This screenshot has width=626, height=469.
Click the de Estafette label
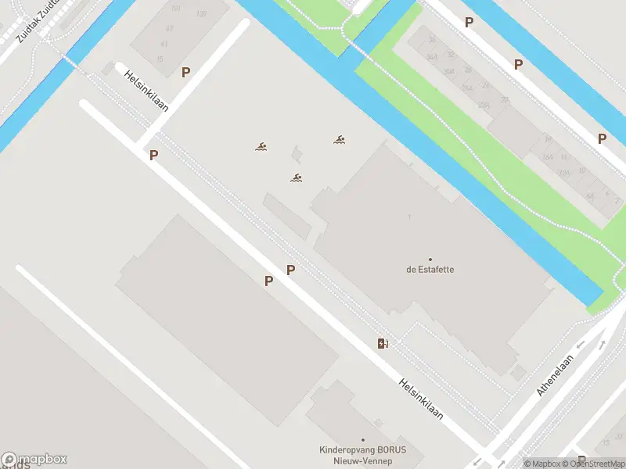pos(430,270)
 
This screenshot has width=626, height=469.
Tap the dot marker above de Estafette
pos(430,259)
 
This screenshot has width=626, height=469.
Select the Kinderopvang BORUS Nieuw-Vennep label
pos(362,455)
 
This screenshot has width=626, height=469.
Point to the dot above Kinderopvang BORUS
pos(362,440)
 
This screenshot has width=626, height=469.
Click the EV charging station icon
pos(383,343)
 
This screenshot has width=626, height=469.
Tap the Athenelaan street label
pos(556,375)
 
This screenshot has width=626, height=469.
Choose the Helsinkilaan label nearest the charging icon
pos(421,399)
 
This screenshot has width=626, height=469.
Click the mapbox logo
pos(34,460)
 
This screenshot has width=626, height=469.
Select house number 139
pos(201,14)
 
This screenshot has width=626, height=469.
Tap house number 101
pos(175,9)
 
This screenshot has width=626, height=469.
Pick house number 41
pos(164,44)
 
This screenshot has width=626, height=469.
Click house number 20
pos(505,99)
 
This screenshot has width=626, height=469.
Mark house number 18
pos(549,140)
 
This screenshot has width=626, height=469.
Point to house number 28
pos(467,70)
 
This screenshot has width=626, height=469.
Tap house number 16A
pos(547,156)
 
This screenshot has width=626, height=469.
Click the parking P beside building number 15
pos(185,72)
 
